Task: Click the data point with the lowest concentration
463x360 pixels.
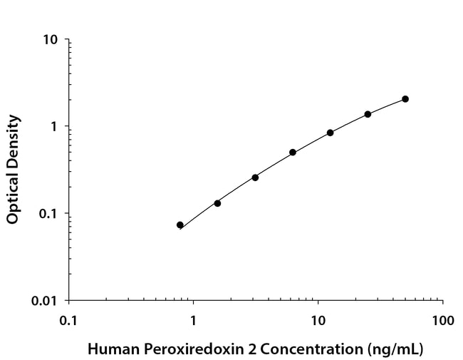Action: click(180, 225)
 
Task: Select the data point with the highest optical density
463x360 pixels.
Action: click(405, 99)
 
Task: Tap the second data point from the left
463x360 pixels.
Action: click(217, 203)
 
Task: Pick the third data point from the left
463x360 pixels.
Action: click(255, 178)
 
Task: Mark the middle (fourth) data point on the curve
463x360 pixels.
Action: click(293, 153)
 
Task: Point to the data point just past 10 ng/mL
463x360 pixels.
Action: click(331, 133)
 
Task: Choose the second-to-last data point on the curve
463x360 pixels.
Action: click(368, 114)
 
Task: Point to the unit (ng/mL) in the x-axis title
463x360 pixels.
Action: click(396, 349)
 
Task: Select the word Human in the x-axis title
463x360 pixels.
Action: click(109, 349)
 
